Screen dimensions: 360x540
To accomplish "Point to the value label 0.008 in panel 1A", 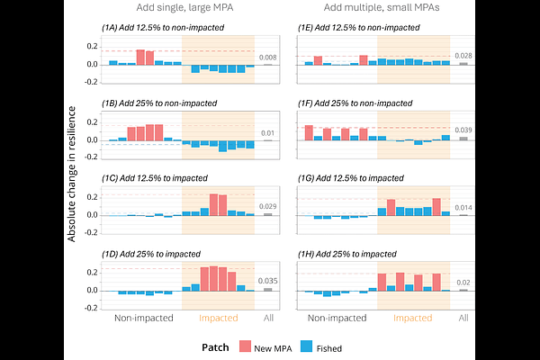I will pyautogui.click(x=268, y=57).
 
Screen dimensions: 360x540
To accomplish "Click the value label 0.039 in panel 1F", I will pyautogui.click(x=463, y=130).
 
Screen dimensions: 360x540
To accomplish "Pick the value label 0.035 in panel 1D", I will pyautogui.click(x=268, y=281).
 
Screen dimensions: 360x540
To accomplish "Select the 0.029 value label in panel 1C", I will pyautogui.click(x=268, y=207).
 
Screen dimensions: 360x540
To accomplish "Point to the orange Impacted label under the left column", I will pyautogui.click(x=217, y=318).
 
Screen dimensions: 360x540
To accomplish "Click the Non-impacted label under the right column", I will pyautogui.click(x=337, y=318).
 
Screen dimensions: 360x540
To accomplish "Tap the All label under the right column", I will pyautogui.click(x=463, y=318).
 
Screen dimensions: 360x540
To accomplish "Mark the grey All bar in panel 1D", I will pyautogui.click(x=268, y=289).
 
